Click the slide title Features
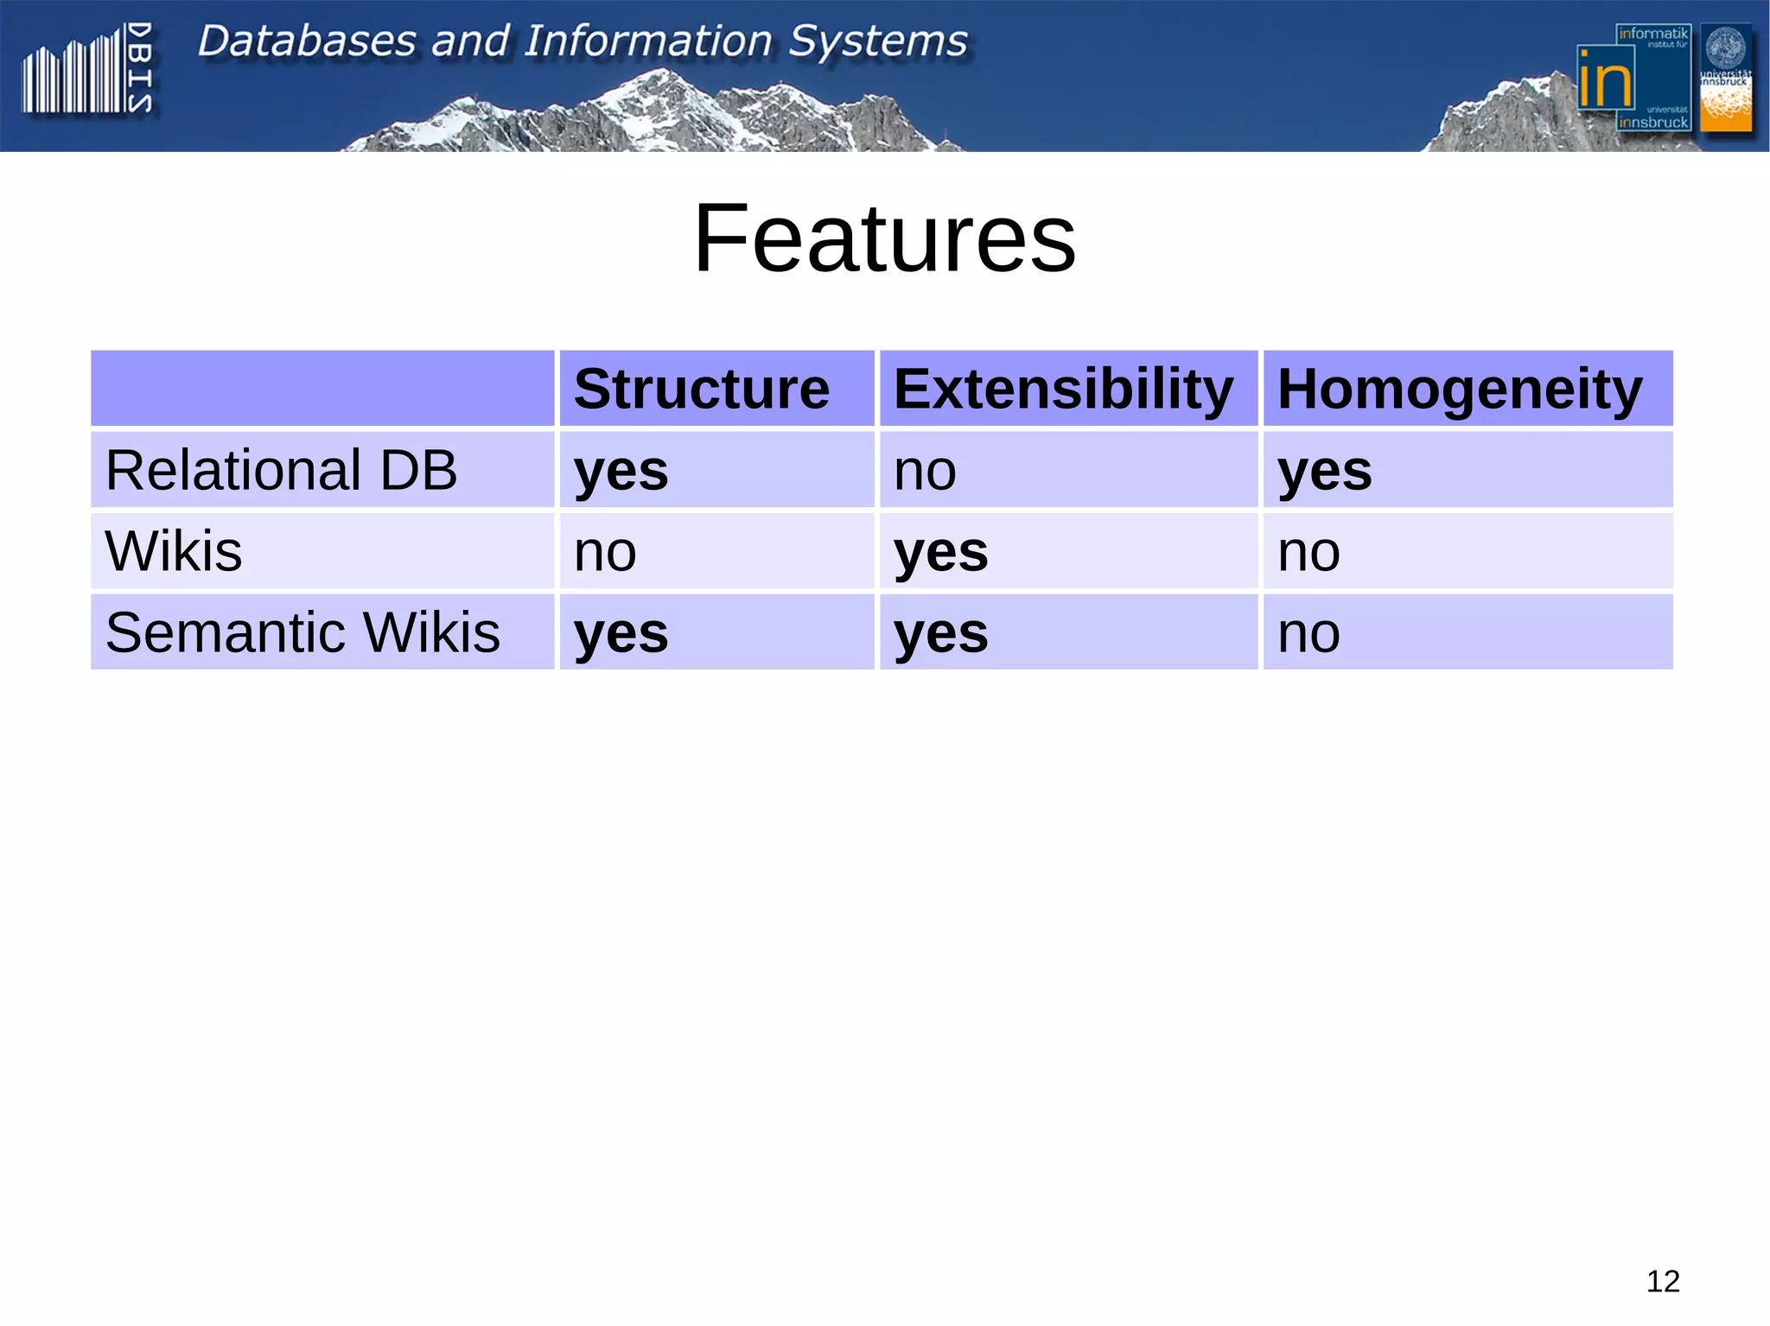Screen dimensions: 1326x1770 pyautogui.click(x=884, y=238)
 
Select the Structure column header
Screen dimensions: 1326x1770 pyautogui.click(x=701, y=389)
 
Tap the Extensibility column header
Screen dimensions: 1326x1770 pyautogui.click(x=1063, y=389)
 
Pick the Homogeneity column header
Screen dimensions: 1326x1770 pyautogui.click(x=1459, y=389)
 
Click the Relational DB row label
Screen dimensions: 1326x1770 pyautogui.click(x=281, y=470)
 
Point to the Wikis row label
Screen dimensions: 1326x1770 pyautogui.click(x=173, y=551)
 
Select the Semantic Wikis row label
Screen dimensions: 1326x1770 pyautogui.click(x=302, y=632)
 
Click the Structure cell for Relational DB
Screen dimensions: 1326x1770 pyautogui.click(x=621, y=471)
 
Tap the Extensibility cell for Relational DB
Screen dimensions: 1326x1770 pyautogui.click(x=925, y=472)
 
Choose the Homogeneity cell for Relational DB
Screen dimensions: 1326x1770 pyautogui.click(x=1324, y=471)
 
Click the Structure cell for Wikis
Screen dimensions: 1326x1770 pyautogui.click(x=605, y=552)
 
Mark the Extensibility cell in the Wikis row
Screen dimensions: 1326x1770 pyautogui.click(x=940, y=552)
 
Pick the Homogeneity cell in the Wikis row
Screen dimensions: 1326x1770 pyautogui.click(x=1308, y=552)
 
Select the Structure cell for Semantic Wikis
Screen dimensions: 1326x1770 pyautogui.click(x=621, y=633)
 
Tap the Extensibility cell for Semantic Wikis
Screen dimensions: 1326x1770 pyautogui.click(x=940, y=633)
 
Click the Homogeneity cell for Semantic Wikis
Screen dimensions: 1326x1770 pyautogui.click(x=1308, y=633)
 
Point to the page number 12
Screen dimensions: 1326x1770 pyautogui.click(x=1662, y=1281)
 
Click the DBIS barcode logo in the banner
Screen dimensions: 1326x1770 pyautogui.click(x=86, y=69)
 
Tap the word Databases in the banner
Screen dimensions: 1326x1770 pyautogui.click(x=307, y=41)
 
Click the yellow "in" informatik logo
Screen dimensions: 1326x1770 pyautogui.click(x=1606, y=79)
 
